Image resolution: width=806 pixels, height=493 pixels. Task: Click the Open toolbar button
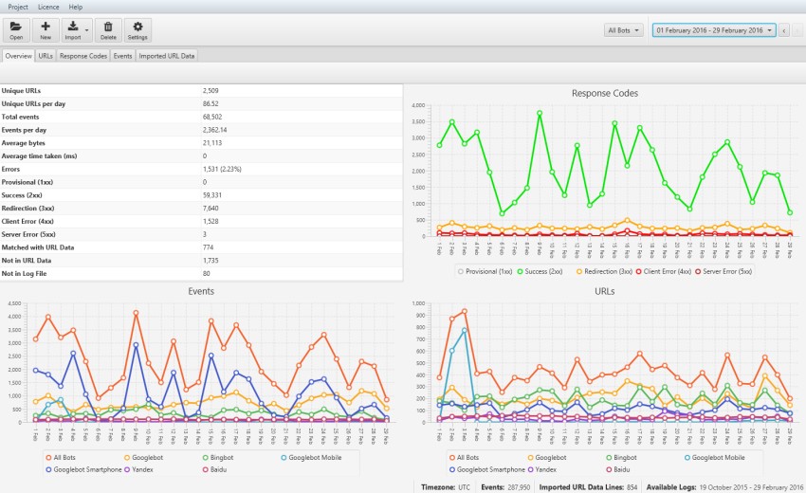(x=16, y=30)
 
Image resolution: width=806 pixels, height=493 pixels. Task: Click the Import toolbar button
(x=74, y=30)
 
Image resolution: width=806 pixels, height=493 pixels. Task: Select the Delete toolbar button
(x=108, y=30)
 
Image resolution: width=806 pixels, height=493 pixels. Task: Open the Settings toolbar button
(x=137, y=30)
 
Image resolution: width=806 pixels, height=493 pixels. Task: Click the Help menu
(x=76, y=7)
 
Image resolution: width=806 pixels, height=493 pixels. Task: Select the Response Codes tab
(x=83, y=56)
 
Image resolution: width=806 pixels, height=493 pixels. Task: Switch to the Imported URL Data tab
(x=167, y=56)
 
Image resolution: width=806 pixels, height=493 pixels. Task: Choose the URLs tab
(x=46, y=56)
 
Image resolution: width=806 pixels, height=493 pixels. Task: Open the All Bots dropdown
(x=624, y=30)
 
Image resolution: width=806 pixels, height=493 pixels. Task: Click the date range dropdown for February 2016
(x=713, y=30)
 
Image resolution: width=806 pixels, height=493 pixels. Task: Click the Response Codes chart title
(x=604, y=93)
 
